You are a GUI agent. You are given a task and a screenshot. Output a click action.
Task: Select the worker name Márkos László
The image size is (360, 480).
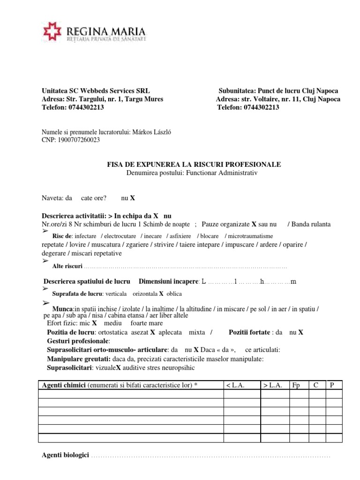[x=148, y=132]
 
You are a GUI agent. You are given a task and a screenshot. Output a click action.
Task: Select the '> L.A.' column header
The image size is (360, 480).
[x=271, y=385]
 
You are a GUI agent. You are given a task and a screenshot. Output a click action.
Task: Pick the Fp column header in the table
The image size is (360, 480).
[x=296, y=385]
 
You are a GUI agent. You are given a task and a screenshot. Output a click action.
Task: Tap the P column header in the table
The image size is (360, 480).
[x=332, y=385]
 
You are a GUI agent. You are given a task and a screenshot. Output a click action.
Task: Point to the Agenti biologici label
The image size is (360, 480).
[x=65, y=456]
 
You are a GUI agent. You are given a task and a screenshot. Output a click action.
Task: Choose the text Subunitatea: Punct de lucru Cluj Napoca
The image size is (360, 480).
[x=278, y=90]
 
